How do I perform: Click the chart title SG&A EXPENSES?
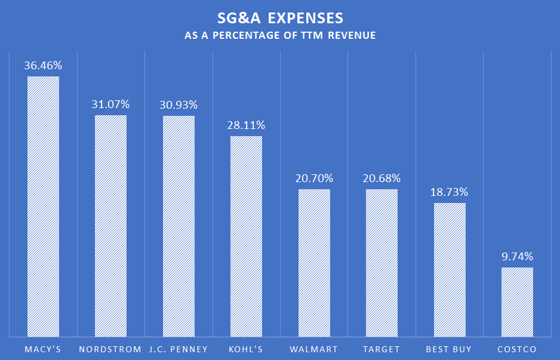click(x=280, y=17)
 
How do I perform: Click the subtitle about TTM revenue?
click(x=280, y=36)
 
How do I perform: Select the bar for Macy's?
click(x=43, y=206)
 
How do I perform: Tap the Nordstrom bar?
click(x=110, y=225)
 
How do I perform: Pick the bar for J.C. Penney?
click(x=179, y=226)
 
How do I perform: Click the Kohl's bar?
click(x=246, y=236)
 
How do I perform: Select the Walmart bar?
click(x=314, y=262)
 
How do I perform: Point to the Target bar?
click(x=381, y=262)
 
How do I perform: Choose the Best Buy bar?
click(x=450, y=269)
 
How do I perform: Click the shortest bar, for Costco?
click(x=517, y=301)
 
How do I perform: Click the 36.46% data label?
click(x=43, y=66)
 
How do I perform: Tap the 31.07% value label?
click(x=110, y=104)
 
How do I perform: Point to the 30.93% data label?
click(x=179, y=105)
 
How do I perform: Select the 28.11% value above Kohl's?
click(x=246, y=125)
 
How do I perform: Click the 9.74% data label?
click(x=517, y=257)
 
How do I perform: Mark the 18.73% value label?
click(x=450, y=192)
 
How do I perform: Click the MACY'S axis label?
click(x=43, y=349)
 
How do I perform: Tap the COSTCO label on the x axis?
click(x=517, y=349)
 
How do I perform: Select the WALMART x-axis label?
click(x=314, y=349)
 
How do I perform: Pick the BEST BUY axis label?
click(x=450, y=349)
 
